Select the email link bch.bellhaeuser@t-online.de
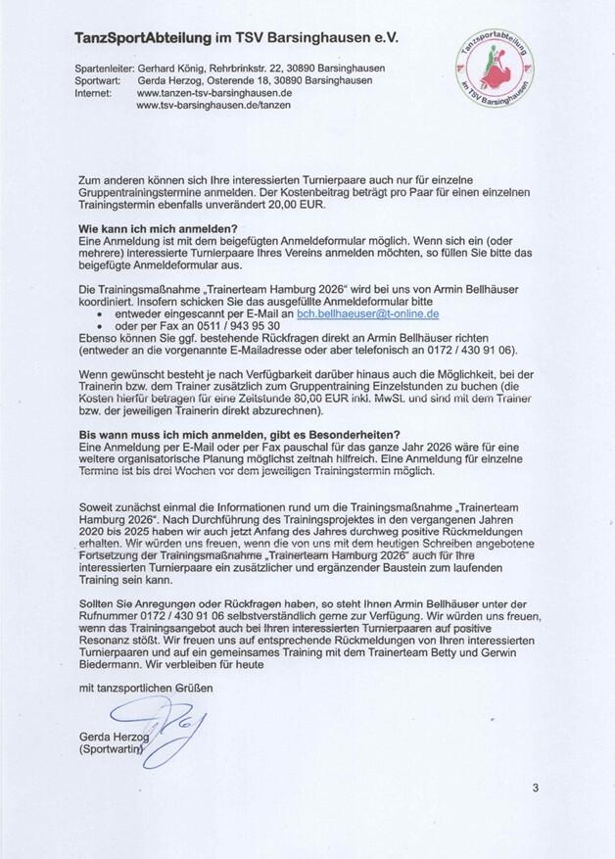coord(367,314)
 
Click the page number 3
coord(536,787)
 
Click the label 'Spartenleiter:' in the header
coord(103,68)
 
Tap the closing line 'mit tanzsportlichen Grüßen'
coord(145,689)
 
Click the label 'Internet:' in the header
coord(95,92)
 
